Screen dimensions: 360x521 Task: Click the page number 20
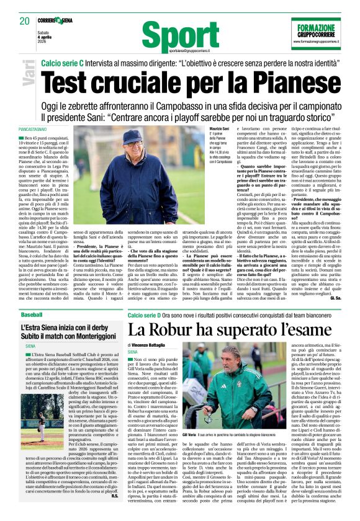point(24,21)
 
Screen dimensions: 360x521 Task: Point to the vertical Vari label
point(29,76)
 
